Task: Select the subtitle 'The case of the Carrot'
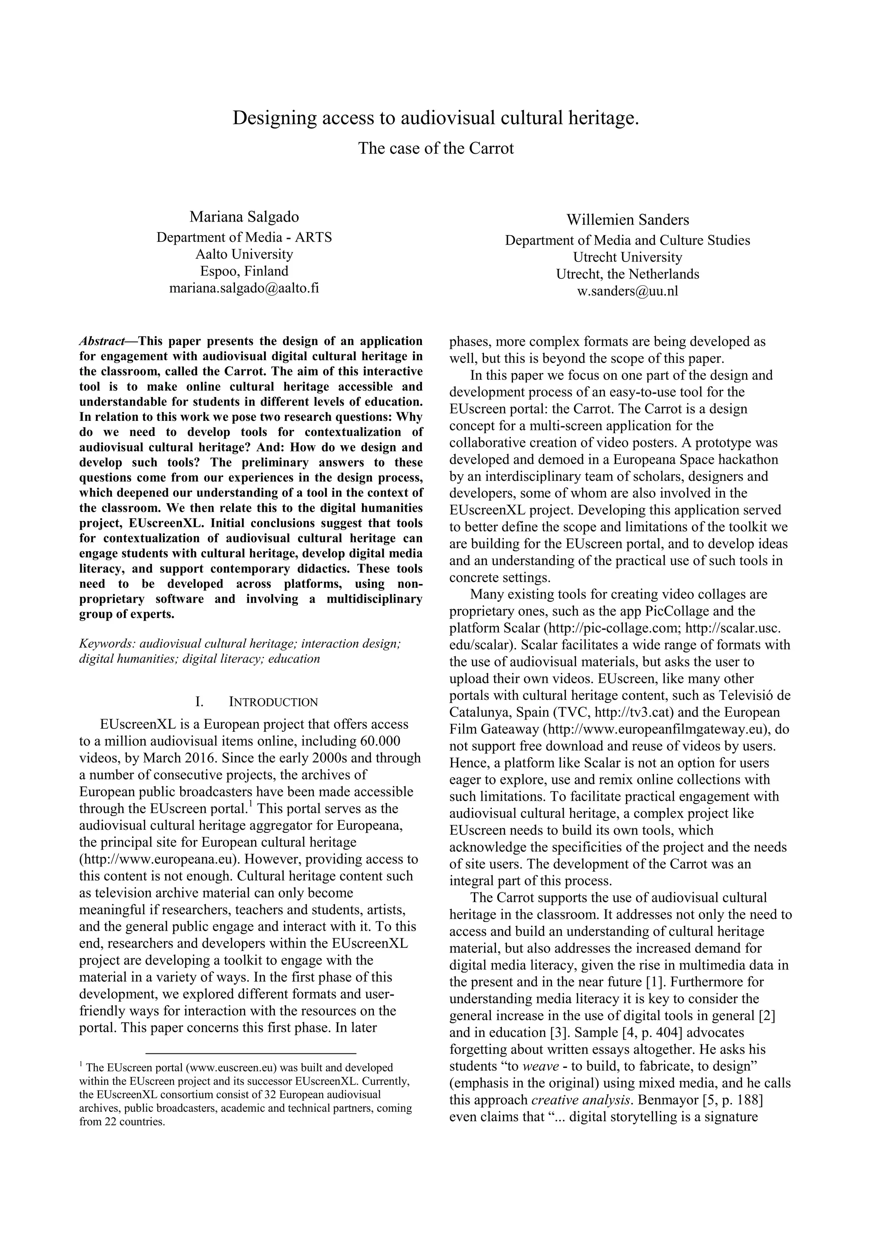pyautogui.click(x=436, y=148)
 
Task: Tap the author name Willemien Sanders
pyautogui.click(x=628, y=219)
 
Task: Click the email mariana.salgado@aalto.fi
pyautogui.click(x=244, y=288)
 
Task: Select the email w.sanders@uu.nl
pyautogui.click(x=628, y=291)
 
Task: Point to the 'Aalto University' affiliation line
pyautogui.click(x=244, y=254)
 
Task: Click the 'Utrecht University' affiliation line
pyautogui.click(x=628, y=257)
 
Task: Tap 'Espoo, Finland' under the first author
pyautogui.click(x=244, y=271)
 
